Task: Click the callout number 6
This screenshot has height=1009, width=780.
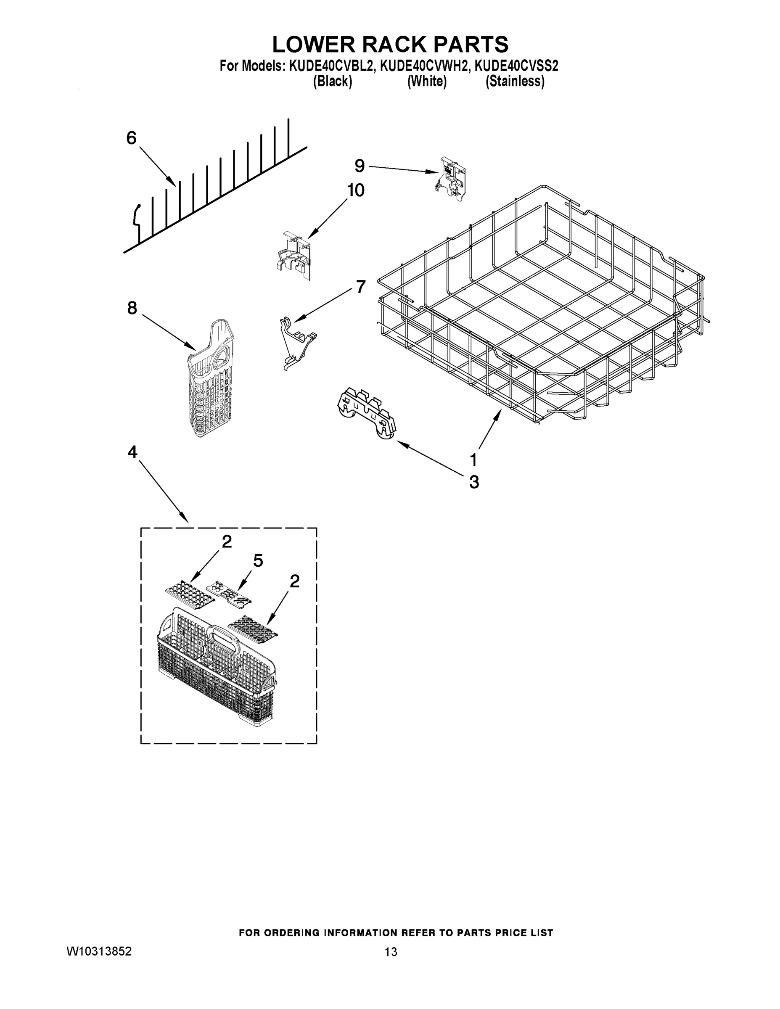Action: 131,137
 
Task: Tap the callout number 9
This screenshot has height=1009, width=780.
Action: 360,165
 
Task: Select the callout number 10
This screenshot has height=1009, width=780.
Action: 355,190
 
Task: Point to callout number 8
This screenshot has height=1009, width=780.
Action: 132,308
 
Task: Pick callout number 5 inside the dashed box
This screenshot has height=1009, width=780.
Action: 258,560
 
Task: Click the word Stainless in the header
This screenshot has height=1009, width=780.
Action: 515,81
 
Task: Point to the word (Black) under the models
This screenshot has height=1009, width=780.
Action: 332,81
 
